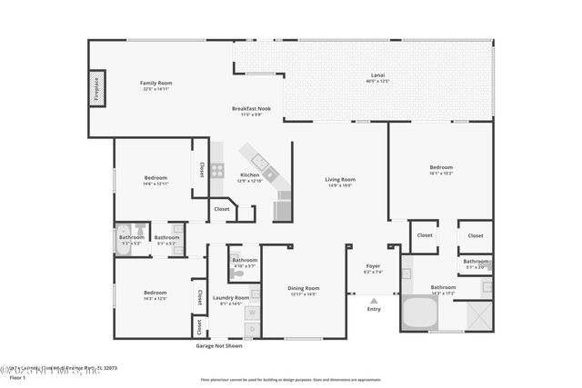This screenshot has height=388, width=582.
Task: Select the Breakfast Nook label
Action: pyautogui.click(x=250, y=108)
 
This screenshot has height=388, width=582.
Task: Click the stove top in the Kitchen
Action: pyautogui.click(x=217, y=170)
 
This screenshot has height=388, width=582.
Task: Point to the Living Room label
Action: pyautogui.click(x=339, y=179)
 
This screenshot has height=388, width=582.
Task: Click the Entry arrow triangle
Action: pyautogui.click(x=374, y=300)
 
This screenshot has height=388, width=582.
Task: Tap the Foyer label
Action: pyautogui.click(x=373, y=266)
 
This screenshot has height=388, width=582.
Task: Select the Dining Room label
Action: pyautogui.click(x=304, y=287)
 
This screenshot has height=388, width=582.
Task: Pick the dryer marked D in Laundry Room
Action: pyautogui.click(x=252, y=328)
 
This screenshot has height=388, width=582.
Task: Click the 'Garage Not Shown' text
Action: pyautogui.click(x=219, y=346)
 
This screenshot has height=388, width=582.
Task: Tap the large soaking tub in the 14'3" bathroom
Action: pyautogui.click(x=420, y=314)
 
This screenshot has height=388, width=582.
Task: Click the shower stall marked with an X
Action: pyautogui.click(x=478, y=314)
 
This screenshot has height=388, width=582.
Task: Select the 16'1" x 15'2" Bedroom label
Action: pyautogui.click(x=441, y=167)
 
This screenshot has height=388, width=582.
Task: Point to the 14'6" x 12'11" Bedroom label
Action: pyautogui.click(x=156, y=177)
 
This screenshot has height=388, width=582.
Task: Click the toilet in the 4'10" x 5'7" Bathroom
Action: pyautogui.click(x=236, y=272)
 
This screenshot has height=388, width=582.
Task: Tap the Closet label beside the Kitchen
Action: pyautogui.click(x=222, y=208)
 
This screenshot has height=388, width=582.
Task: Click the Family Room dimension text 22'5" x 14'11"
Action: pyautogui.click(x=156, y=89)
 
